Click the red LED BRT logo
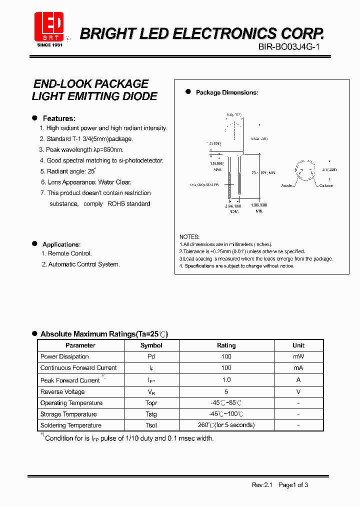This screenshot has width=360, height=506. pyautogui.click(x=48, y=26)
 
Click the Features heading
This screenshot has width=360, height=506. pyautogui.click(x=59, y=118)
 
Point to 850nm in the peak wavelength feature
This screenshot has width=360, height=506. pyautogui.click(x=112, y=149)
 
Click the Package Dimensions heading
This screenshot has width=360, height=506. pyautogui.click(x=226, y=92)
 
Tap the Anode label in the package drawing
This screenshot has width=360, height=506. pyautogui.click(x=287, y=185)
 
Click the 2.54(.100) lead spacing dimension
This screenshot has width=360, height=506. pyautogui.click(x=233, y=205)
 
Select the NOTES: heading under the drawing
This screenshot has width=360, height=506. pyautogui.click(x=189, y=236)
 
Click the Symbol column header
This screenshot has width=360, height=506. pyautogui.click(x=151, y=345)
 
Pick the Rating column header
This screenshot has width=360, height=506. pyautogui.click(x=226, y=345)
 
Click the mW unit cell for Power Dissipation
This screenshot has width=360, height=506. pyautogui.click(x=298, y=356)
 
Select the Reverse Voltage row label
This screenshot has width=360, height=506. pyautogui.click(x=62, y=392)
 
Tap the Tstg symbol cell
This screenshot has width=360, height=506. pyautogui.click(x=151, y=414)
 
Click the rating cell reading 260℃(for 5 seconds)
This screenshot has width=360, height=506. pyautogui.click(x=226, y=425)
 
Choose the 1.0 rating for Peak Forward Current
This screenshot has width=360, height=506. pyautogui.click(x=226, y=380)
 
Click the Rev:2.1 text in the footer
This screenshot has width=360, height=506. pyautogui.click(x=261, y=484)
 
